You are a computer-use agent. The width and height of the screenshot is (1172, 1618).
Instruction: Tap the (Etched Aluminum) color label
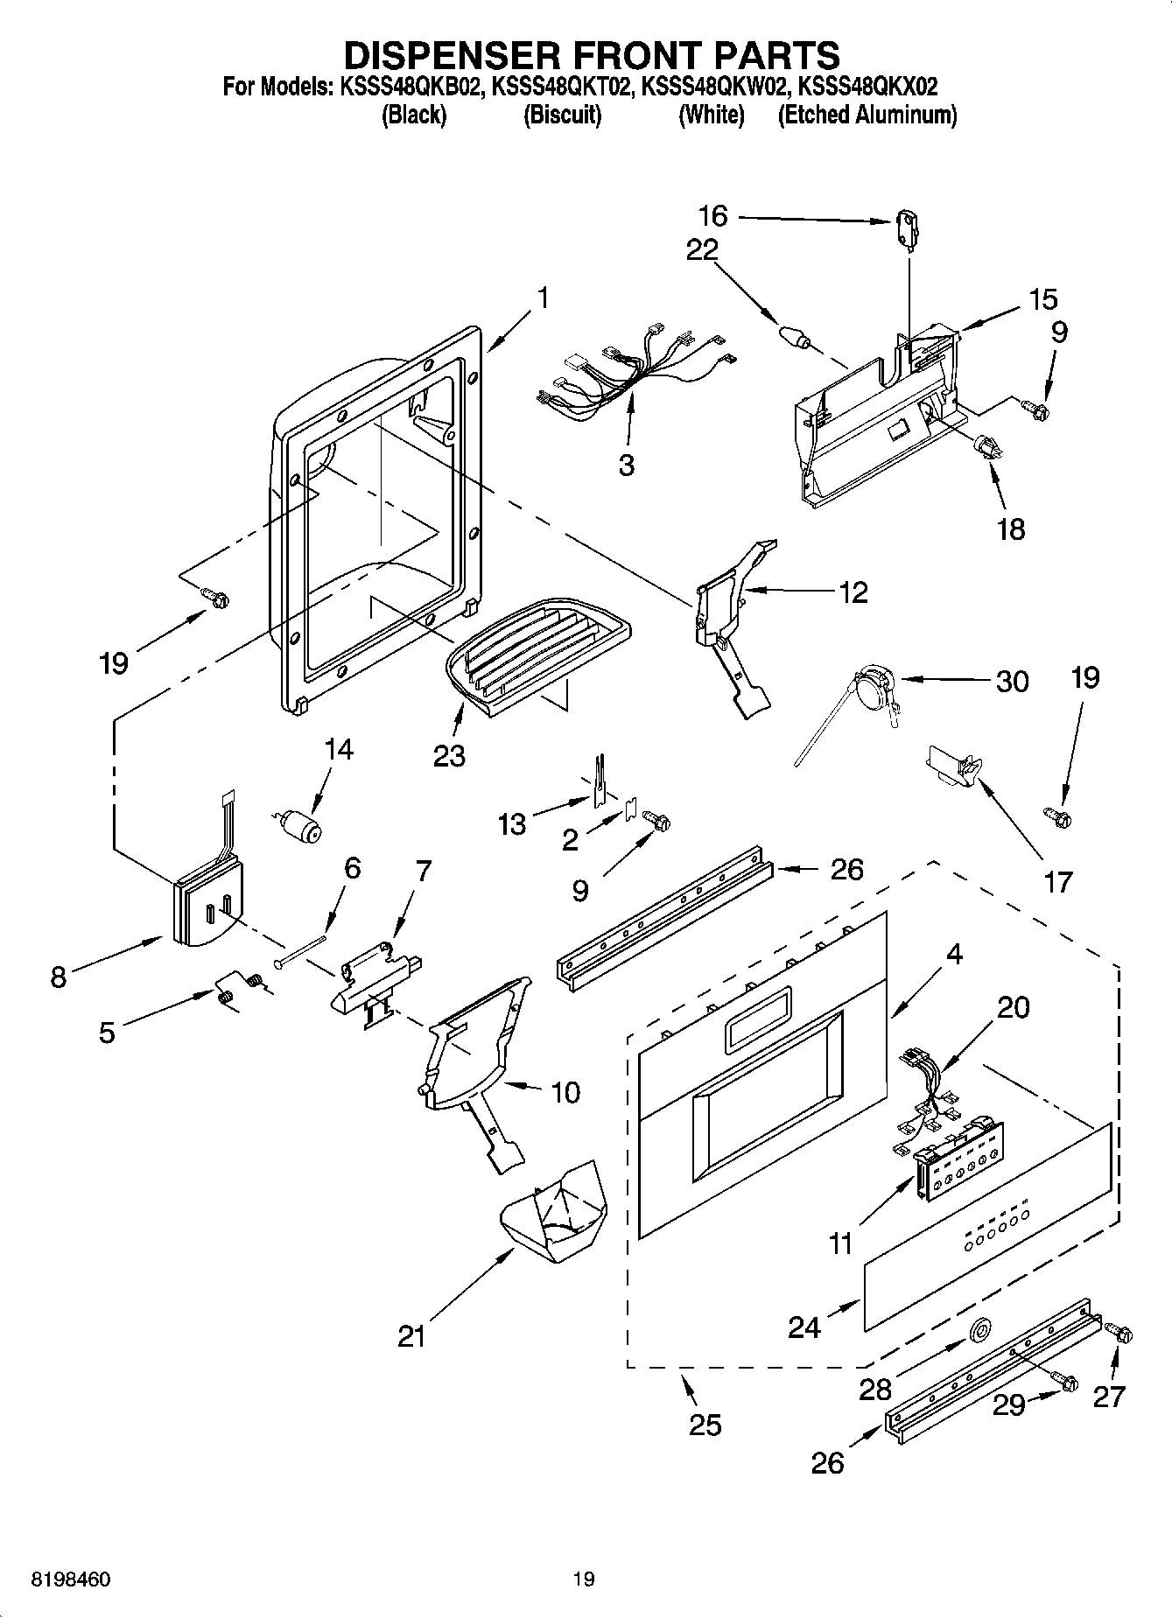point(867,115)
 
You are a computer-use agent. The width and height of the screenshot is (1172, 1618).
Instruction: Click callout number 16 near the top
point(712,215)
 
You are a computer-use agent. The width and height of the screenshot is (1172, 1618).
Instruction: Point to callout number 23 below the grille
point(449,754)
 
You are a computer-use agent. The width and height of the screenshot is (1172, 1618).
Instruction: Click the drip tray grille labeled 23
point(537,648)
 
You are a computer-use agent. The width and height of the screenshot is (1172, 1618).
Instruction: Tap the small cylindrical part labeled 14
point(300,824)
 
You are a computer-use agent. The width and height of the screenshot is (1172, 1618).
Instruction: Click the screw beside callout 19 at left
point(215,598)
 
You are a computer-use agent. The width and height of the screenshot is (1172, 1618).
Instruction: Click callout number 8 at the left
point(58,977)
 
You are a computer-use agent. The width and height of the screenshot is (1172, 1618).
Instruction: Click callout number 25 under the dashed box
point(705,1425)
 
